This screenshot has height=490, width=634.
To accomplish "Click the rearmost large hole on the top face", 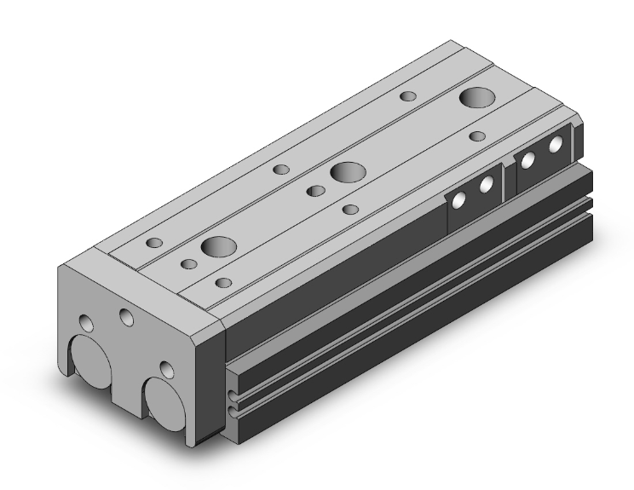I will [475, 97].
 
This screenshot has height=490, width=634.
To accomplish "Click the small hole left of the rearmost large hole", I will [408, 96].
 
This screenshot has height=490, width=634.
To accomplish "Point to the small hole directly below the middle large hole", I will [349, 209].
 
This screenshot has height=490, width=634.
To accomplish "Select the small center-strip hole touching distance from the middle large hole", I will [315, 190].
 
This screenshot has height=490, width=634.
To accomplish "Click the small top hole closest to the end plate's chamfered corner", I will [223, 282].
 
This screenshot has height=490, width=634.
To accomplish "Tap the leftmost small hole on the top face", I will [154, 243].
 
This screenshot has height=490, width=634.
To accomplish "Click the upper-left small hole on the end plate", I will [86, 323].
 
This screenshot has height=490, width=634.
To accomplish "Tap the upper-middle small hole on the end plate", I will [127, 318].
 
